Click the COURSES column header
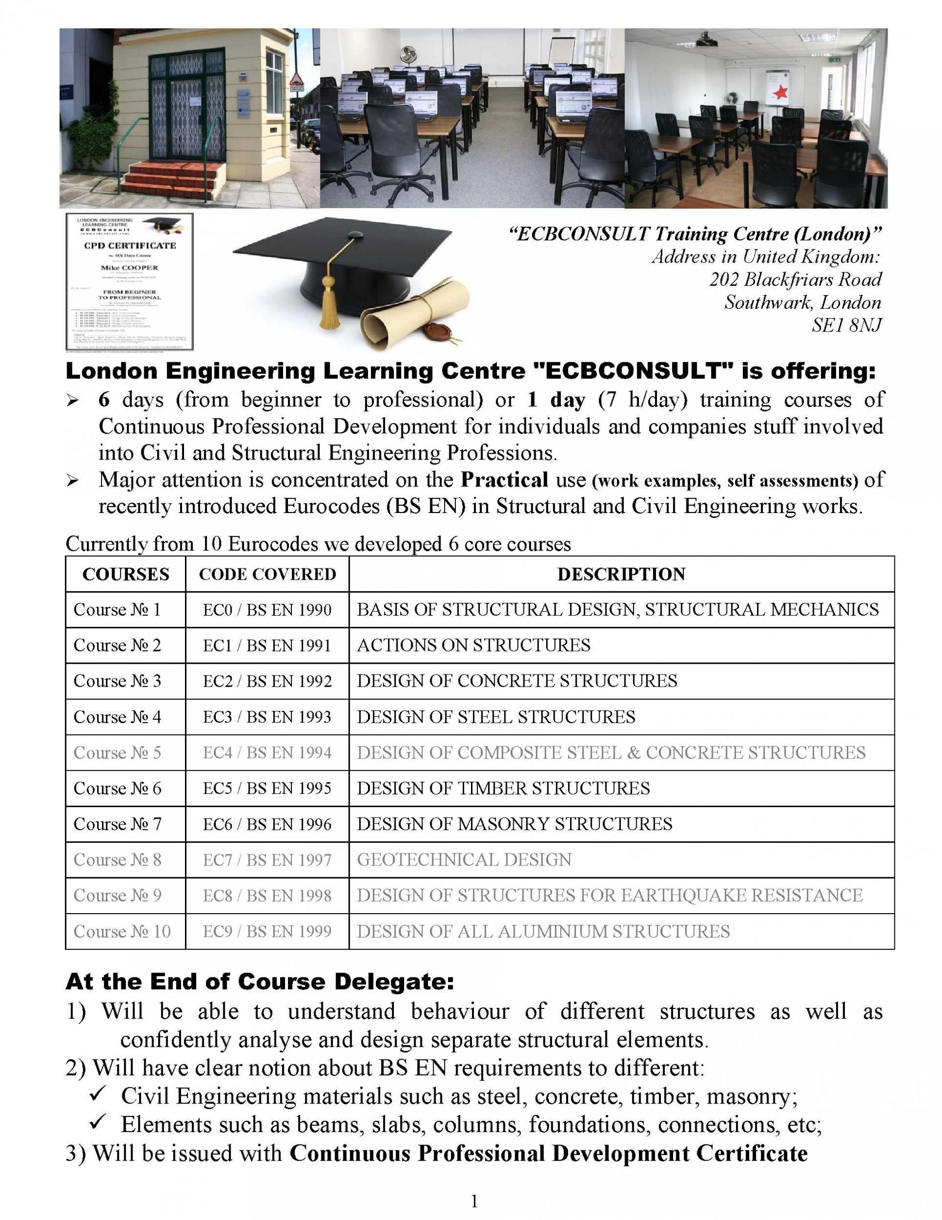pyautogui.click(x=126, y=574)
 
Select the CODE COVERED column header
pyautogui.click(x=267, y=574)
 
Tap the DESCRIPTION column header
pyautogui.click(x=621, y=574)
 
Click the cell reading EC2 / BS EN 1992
pyautogui.click(x=267, y=681)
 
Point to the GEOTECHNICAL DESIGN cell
pyautogui.click(x=464, y=860)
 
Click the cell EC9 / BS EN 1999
pyautogui.click(x=267, y=931)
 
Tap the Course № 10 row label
pyautogui.click(x=122, y=931)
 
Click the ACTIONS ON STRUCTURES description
pyautogui.click(x=473, y=645)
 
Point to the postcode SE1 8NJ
pyautogui.click(x=846, y=325)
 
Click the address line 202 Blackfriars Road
pyautogui.click(x=796, y=279)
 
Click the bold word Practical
pyautogui.click(x=504, y=480)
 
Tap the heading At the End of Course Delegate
pyautogui.click(x=260, y=981)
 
